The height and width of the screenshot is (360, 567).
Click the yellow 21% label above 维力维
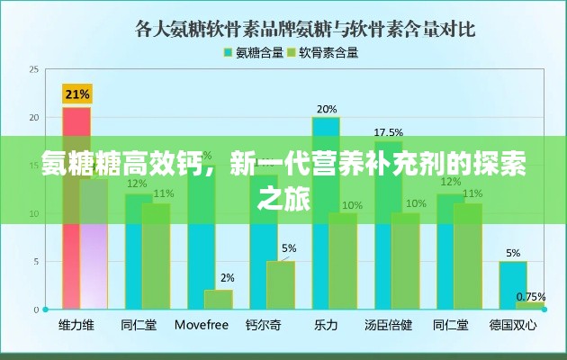[x=76, y=94]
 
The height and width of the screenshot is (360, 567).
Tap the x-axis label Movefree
[x=201, y=324]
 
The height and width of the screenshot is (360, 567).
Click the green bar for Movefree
[x=219, y=300]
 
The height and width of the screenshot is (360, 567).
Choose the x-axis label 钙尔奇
[x=264, y=324]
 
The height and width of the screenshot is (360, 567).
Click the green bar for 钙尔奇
[x=281, y=285]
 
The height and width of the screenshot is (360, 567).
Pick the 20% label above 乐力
[x=326, y=109]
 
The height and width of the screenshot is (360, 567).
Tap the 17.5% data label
[x=388, y=132]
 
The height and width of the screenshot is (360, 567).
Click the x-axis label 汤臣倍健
[x=388, y=324]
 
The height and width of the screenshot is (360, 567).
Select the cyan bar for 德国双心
[x=513, y=285]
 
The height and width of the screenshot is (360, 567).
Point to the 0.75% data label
[x=531, y=296]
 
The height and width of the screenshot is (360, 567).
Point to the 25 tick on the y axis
[x=34, y=69]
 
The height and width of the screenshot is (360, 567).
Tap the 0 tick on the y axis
[x=36, y=310]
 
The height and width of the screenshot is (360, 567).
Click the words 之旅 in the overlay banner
[x=283, y=199]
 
